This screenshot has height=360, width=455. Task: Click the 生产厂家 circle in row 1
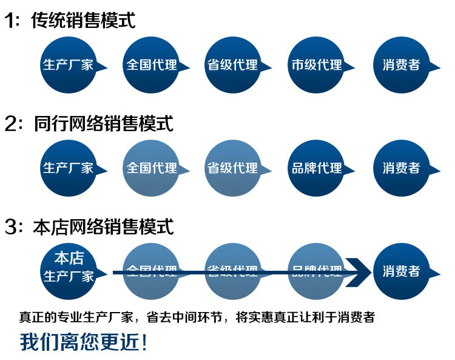tap(68, 65)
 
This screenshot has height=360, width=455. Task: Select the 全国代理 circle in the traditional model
tap(151, 65)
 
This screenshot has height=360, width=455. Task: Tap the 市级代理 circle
tap(316, 65)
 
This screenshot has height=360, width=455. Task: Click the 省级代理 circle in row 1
tap(232, 65)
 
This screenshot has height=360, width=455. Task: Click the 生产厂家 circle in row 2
tap(68, 168)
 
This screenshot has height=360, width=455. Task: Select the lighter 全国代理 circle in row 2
tap(151, 168)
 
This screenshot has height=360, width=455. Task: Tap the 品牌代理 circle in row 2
tap(316, 168)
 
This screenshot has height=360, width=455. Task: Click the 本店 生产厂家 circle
tap(68, 267)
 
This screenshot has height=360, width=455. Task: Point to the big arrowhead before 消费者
tap(358, 271)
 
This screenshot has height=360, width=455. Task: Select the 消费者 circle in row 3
tap(401, 271)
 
